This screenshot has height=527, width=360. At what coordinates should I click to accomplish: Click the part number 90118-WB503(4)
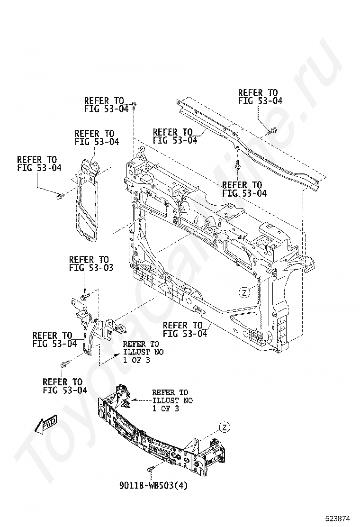pos(153,485)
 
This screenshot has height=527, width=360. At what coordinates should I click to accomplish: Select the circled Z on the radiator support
pos(244,292)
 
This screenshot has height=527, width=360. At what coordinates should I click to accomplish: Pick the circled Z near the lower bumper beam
pos(225,427)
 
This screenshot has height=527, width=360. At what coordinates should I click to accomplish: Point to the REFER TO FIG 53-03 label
pos(91,264)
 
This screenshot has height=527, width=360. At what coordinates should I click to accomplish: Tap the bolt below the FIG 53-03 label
pos(86,297)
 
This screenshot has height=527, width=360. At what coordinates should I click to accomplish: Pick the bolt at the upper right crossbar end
pos(272,131)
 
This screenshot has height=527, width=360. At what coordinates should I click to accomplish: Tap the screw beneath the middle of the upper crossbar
pos(238,165)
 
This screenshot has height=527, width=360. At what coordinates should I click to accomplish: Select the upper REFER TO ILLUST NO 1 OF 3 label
pos(143,352)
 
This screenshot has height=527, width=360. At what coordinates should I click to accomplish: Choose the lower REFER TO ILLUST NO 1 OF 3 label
pos(172,400)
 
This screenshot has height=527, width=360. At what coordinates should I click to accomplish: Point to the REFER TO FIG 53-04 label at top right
pos(260,97)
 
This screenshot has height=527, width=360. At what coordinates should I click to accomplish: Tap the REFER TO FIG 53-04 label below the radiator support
pos(185,329)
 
